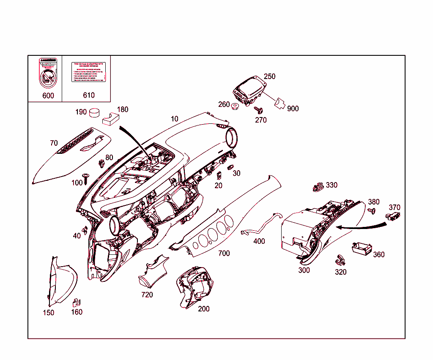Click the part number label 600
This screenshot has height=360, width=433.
(x=48, y=95)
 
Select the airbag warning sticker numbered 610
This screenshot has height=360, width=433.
(x=88, y=72)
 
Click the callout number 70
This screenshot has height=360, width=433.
(x=54, y=143)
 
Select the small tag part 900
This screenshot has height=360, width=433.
(x=280, y=103)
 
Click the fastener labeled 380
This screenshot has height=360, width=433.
(x=373, y=210)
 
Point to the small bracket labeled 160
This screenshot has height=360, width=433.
(x=77, y=302)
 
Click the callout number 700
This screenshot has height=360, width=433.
(x=224, y=253)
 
